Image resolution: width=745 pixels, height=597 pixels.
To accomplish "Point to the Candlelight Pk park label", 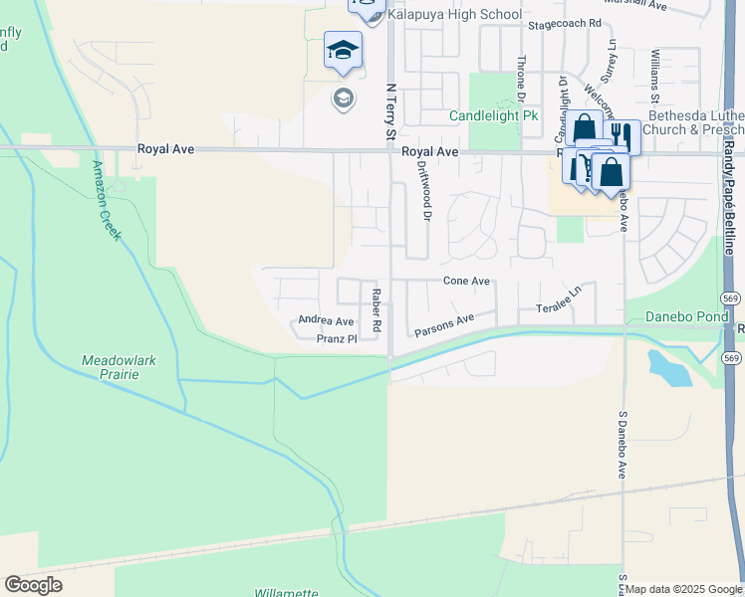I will point(493,116).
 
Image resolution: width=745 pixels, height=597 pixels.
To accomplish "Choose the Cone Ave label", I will point(466,282).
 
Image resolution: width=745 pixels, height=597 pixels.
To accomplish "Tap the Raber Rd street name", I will point(376,309).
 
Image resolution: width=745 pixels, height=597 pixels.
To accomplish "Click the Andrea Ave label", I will point(326,321).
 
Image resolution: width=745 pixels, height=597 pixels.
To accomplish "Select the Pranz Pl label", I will point(336,339).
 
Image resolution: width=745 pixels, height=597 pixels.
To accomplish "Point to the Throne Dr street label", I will point(520,76).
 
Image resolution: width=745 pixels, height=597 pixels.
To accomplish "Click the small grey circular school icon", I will point(343,98).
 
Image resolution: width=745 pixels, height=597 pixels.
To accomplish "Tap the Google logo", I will point(34,585).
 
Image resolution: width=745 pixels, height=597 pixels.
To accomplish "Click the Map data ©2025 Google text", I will point(683,589).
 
